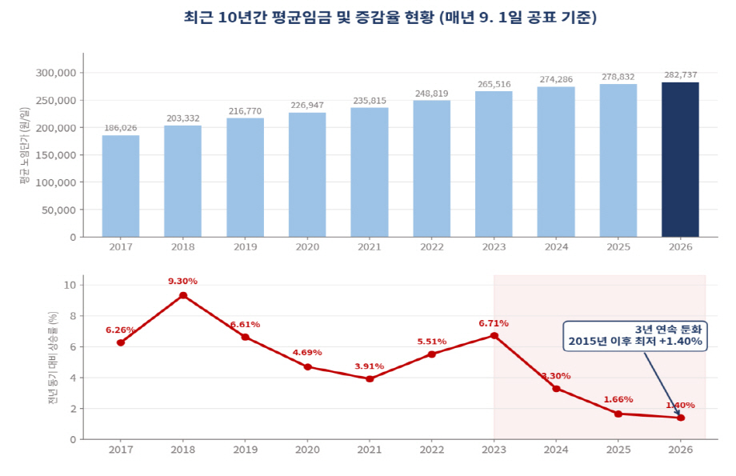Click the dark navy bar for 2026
pyautogui.click(x=680, y=160)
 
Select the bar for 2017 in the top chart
pyautogui.click(x=121, y=186)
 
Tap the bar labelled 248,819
pyautogui.click(x=432, y=169)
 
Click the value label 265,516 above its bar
pyautogui.click(x=494, y=85)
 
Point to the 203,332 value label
pyautogui.click(x=183, y=118)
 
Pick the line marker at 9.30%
pyautogui.click(x=183, y=295)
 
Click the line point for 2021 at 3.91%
pyautogui.click(x=370, y=378)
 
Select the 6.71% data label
pyautogui.click(x=494, y=323)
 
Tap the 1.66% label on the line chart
pyautogui.click(x=618, y=399)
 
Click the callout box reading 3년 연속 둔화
pyautogui.click(x=635, y=336)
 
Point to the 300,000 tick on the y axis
pyautogui.click(x=56, y=73)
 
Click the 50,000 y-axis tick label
pyautogui.click(x=58, y=210)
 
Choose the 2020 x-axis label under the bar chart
pyautogui.click(x=307, y=247)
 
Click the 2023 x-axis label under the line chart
pyautogui.click(x=494, y=450)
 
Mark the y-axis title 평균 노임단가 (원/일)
pyautogui.click(x=25, y=146)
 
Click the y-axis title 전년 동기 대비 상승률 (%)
pyautogui.click(x=53, y=358)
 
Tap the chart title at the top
pyautogui.click(x=390, y=18)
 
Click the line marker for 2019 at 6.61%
pyautogui.click(x=245, y=337)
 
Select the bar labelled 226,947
pyautogui.click(x=307, y=174)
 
